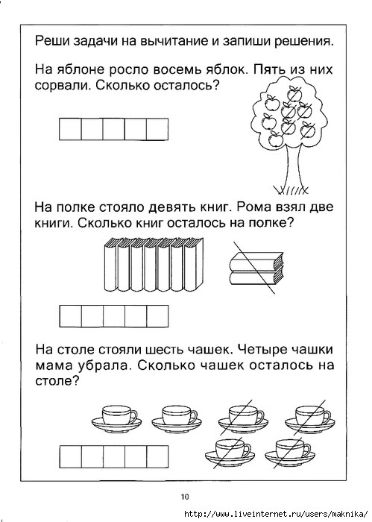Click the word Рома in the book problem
252,207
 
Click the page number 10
185,497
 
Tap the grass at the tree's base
291,189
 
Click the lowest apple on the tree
275,139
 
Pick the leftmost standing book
111,265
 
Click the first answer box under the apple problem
70,129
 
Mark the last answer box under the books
157,316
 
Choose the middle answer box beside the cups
114,456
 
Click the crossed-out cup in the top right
310,418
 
